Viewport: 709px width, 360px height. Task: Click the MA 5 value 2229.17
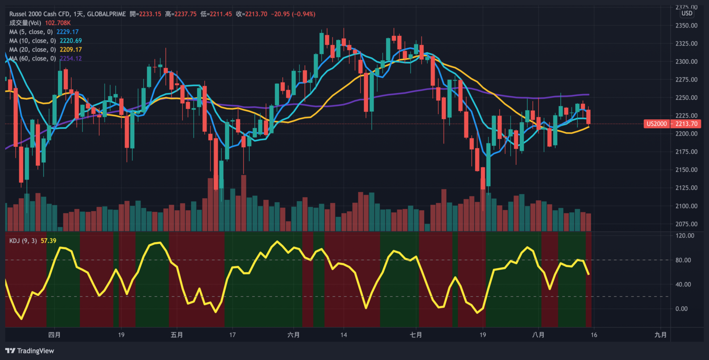coord(67,32)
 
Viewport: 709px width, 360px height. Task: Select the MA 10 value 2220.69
coord(71,41)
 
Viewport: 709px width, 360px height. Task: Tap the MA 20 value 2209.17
coord(71,50)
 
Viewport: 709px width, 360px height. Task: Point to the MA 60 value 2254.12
coord(71,59)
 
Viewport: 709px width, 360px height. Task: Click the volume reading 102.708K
coord(58,23)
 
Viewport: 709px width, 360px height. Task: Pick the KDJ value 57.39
coord(48,241)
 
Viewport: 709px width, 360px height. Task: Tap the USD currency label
coord(687,13)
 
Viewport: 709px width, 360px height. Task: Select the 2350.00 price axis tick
coord(686,26)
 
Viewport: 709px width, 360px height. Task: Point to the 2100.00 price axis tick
coord(686,206)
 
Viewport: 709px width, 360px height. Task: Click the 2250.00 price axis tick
coord(686,98)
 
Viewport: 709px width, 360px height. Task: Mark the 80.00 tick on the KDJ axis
coord(683,260)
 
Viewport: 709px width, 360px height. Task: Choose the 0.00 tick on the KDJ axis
coord(682,309)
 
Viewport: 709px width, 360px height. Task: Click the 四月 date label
coord(54,335)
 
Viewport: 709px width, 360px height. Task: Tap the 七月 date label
coord(416,335)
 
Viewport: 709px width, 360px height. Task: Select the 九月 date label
coord(660,335)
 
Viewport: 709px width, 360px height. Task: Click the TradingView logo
coord(30,351)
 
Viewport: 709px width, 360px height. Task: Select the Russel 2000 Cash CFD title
coord(39,14)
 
